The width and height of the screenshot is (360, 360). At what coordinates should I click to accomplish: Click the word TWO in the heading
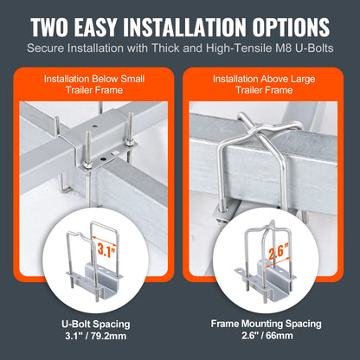point(59,26)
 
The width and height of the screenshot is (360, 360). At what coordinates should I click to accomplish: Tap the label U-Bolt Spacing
point(90,324)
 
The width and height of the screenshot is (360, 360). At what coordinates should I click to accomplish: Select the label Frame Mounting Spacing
point(270,324)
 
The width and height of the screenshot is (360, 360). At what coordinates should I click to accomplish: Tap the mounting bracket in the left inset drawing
point(95,286)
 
